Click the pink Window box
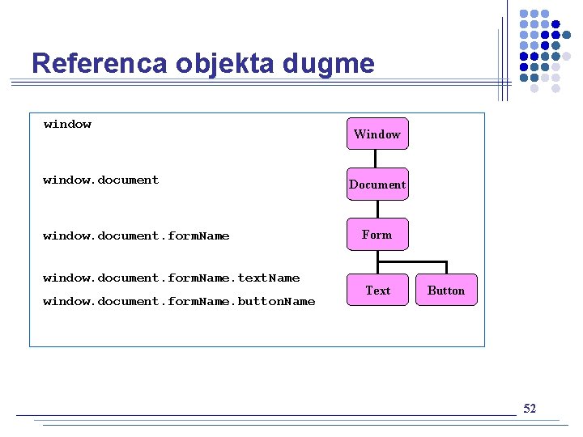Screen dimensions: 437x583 click(x=377, y=134)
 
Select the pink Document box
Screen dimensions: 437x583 click(x=377, y=185)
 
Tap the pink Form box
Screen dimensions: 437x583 click(x=377, y=235)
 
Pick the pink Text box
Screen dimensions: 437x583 click(x=377, y=290)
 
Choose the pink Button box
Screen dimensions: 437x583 click(x=446, y=290)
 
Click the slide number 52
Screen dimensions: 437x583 click(x=530, y=409)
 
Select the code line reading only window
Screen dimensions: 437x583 click(x=67, y=124)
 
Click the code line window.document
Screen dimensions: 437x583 click(x=100, y=180)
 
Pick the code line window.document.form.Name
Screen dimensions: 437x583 click(x=136, y=235)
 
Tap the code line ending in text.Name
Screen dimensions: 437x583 click(x=171, y=278)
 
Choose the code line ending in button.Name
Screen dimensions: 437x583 click(x=179, y=301)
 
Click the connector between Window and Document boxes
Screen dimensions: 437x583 click(x=378, y=159)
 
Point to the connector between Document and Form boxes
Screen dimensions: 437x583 click(x=378, y=209)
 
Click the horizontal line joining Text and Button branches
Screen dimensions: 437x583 click(x=412, y=261)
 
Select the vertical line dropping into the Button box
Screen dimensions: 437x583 click(x=446, y=268)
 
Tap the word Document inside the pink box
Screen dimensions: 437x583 click(x=377, y=185)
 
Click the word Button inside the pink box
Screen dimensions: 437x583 click(x=446, y=290)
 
